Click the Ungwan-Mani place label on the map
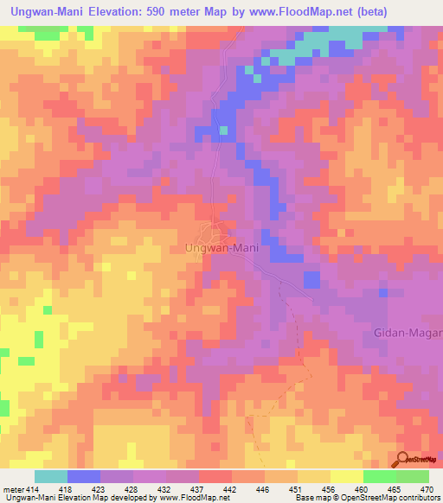point(222,248)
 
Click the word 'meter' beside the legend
point(13,490)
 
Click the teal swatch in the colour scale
point(51,476)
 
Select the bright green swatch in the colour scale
point(380,476)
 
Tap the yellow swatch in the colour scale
point(347,476)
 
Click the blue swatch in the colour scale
point(84,476)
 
